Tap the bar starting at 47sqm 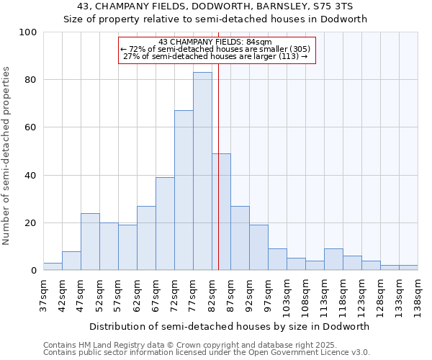(90, 242)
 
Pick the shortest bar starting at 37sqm (53, 266)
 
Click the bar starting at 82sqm (221, 212)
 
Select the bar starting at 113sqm (333, 260)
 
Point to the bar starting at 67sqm (165, 224)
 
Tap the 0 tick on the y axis (33, 271)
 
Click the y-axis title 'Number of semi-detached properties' (6, 156)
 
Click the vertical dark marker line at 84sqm (218, 180)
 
